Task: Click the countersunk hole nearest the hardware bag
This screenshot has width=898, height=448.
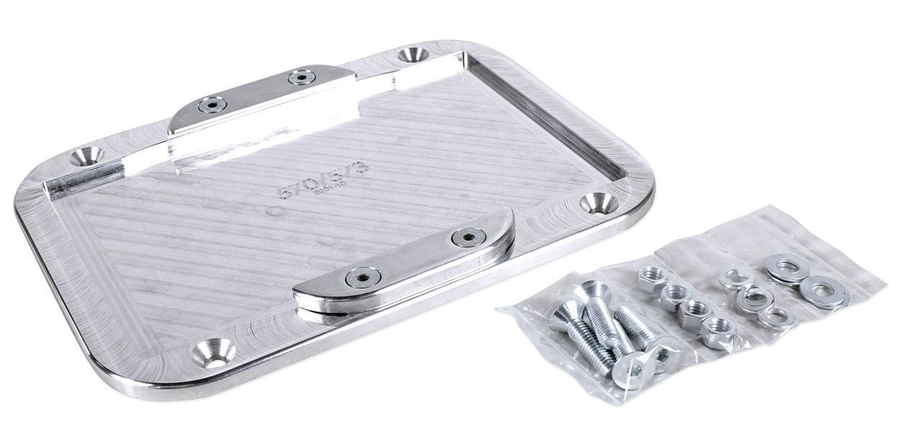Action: click(598, 203)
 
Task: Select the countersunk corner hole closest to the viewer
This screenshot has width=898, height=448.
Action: click(213, 353)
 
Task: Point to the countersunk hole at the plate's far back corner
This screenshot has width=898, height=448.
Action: click(413, 55)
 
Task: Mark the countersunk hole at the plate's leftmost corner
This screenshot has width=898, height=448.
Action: click(87, 154)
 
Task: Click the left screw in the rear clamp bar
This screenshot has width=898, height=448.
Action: click(212, 105)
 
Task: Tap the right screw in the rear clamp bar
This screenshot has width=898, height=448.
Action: click(302, 77)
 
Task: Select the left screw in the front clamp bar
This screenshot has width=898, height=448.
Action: click(362, 276)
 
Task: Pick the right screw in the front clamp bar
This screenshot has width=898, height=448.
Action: click(468, 237)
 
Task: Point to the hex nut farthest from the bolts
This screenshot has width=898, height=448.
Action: click(652, 277)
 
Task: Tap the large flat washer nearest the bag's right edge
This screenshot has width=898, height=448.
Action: click(824, 292)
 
